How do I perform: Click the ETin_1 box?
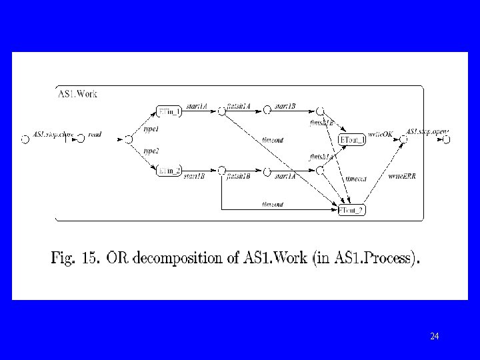[x=168, y=111]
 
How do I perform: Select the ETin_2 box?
[x=168, y=171]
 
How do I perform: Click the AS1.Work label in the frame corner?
[x=79, y=94]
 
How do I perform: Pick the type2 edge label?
[x=151, y=151]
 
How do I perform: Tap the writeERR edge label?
[x=399, y=176]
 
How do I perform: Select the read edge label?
[x=95, y=135]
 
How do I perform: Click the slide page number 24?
[x=435, y=336]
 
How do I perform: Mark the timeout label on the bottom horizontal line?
[x=273, y=204]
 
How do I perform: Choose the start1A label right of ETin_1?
[x=196, y=105]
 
